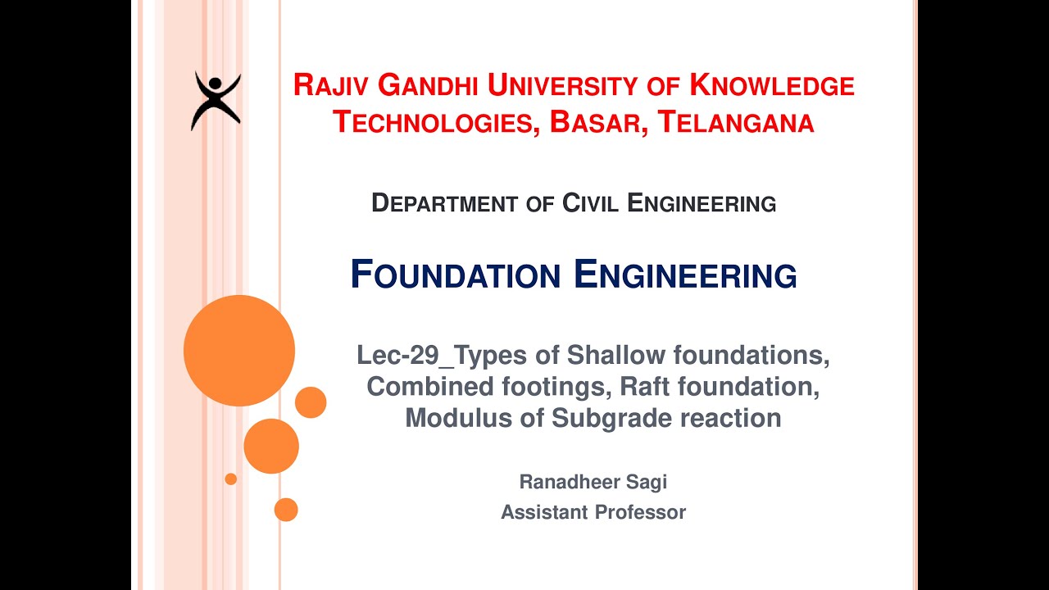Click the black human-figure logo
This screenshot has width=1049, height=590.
pyautogui.click(x=216, y=101)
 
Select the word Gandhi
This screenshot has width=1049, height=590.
pyautogui.click(x=427, y=85)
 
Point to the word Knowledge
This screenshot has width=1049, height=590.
pyautogui.click(x=772, y=85)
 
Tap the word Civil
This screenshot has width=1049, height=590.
pyautogui.click(x=591, y=203)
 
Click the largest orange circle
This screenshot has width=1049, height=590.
pyautogui.click(x=239, y=351)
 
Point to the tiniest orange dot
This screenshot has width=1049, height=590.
pyautogui.click(x=231, y=479)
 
